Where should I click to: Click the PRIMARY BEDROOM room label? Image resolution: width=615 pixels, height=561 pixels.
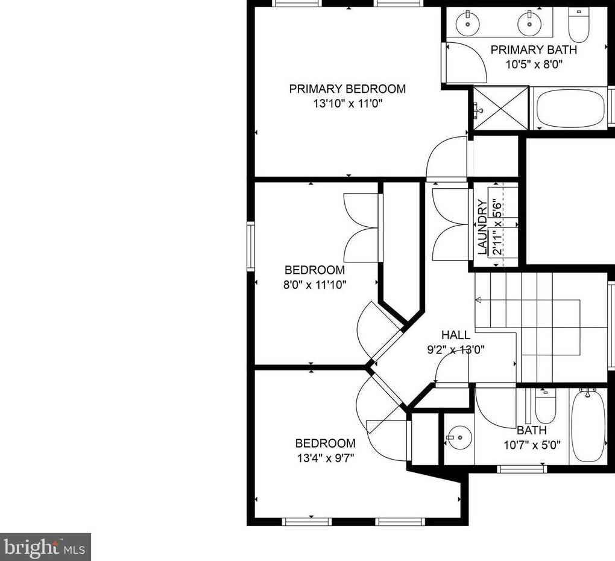pyautogui.click(x=347, y=89)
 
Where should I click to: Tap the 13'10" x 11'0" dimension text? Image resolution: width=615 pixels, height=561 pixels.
pyautogui.click(x=347, y=104)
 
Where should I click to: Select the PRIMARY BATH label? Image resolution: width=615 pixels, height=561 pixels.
pyautogui.click(x=534, y=50)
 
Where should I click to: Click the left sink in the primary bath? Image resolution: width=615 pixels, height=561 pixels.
pyautogui.click(x=468, y=23)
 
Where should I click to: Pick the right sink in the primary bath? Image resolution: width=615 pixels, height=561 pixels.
pyautogui.click(x=529, y=23)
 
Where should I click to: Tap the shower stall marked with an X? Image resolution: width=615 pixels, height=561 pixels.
pyautogui.click(x=501, y=108)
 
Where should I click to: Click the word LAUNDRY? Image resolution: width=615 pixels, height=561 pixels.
pyautogui.click(x=482, y=227)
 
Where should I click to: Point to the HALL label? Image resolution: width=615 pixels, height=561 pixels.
pyautogui.click(x=456, y=335)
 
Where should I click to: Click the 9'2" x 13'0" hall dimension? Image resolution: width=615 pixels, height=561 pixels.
pyautogui.click(x=456, y=349)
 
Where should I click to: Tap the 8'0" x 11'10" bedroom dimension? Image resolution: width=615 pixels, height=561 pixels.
pyautogui.click(x=315, y=285)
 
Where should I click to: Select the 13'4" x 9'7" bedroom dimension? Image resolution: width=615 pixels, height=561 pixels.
pyautogui.click(x=326, y=458)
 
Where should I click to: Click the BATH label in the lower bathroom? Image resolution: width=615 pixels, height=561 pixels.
pyautogui.click(x=531, y=430)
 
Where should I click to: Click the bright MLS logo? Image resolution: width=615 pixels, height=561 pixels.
pyautogui.click(x=45, y=547)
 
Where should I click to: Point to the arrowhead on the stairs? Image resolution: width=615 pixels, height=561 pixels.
pyautogui.click(x=478, y=300)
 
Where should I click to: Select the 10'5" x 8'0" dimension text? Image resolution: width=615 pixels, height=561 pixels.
pyautogui.click(x=534, y=65)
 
